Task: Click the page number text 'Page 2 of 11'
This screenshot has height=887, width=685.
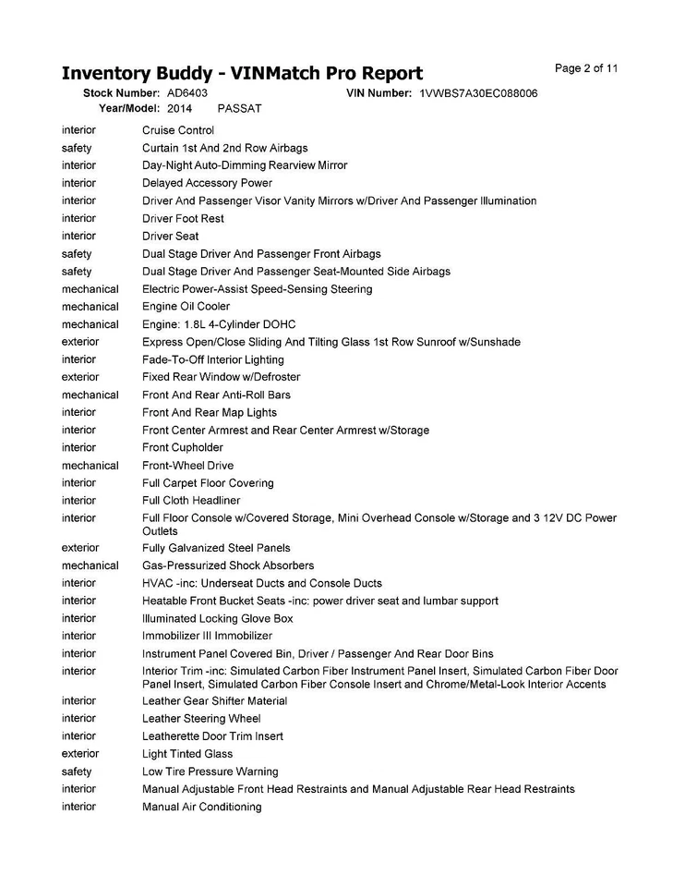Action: pos(586,68)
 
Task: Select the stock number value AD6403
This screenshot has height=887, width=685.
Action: pos(187,93)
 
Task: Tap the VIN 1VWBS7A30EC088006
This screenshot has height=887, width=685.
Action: pos(478,93)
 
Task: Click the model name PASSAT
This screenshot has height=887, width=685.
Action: pos(239,108)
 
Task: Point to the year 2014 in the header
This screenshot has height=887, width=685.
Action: pos(180,108)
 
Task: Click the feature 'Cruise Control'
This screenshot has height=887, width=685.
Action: pos(178,130)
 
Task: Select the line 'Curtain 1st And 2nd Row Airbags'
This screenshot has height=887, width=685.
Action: pos(225,148)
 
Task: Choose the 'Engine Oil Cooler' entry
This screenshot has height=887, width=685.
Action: pos(186,307)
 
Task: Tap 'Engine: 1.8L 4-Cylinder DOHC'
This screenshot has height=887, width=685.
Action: pos(218,324)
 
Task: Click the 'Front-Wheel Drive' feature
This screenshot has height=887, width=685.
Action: pos(188,466)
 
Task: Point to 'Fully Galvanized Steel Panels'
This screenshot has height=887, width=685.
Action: pos(216,548)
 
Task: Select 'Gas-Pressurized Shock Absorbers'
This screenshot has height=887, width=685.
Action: pos(228,565)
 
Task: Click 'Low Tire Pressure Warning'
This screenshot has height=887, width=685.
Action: pos(210,772)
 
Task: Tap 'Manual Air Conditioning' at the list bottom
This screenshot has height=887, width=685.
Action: pos(202,807)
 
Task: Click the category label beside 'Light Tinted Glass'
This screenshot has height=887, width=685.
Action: pos(80,754)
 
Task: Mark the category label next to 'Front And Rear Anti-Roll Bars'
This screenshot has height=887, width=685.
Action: pos(90,395)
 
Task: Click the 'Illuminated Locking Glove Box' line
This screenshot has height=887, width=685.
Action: pos(218,618)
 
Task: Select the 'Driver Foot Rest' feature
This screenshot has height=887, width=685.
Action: pos(183,219)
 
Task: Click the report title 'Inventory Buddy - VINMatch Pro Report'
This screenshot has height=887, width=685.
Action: pos(242,74)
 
